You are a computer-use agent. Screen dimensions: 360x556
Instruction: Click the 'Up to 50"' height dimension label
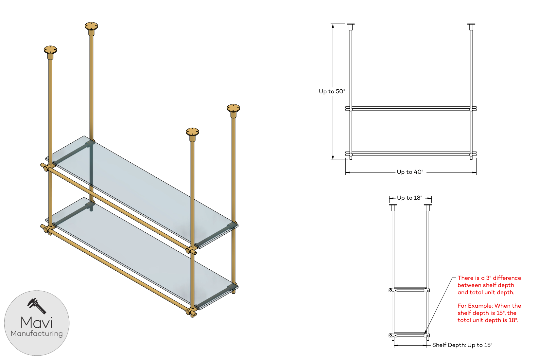332,91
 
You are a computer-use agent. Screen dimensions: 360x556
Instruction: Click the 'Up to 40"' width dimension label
410,172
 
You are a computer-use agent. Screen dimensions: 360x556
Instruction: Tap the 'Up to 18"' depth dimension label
409,198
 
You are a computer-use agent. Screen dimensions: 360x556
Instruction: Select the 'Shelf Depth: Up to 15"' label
462,345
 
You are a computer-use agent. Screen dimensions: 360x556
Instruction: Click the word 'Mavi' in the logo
37,322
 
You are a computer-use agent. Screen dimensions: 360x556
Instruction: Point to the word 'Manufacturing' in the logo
37,333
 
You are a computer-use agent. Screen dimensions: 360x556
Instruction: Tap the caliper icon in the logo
37,306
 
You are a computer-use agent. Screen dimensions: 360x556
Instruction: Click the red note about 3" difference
489,285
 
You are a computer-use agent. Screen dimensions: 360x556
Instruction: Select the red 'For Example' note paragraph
489,313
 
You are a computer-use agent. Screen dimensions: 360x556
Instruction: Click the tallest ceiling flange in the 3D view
91,26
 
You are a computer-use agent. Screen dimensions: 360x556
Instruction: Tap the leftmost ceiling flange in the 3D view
50,50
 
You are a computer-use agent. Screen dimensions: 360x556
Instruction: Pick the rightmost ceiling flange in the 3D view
233,108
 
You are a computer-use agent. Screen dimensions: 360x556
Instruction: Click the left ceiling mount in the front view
351,25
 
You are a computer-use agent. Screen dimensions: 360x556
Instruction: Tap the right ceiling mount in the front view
471,25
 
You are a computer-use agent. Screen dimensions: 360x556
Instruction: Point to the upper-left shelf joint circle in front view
351,109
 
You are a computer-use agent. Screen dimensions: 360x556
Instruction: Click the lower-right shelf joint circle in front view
471,154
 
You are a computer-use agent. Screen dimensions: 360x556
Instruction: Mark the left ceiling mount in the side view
393,206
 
